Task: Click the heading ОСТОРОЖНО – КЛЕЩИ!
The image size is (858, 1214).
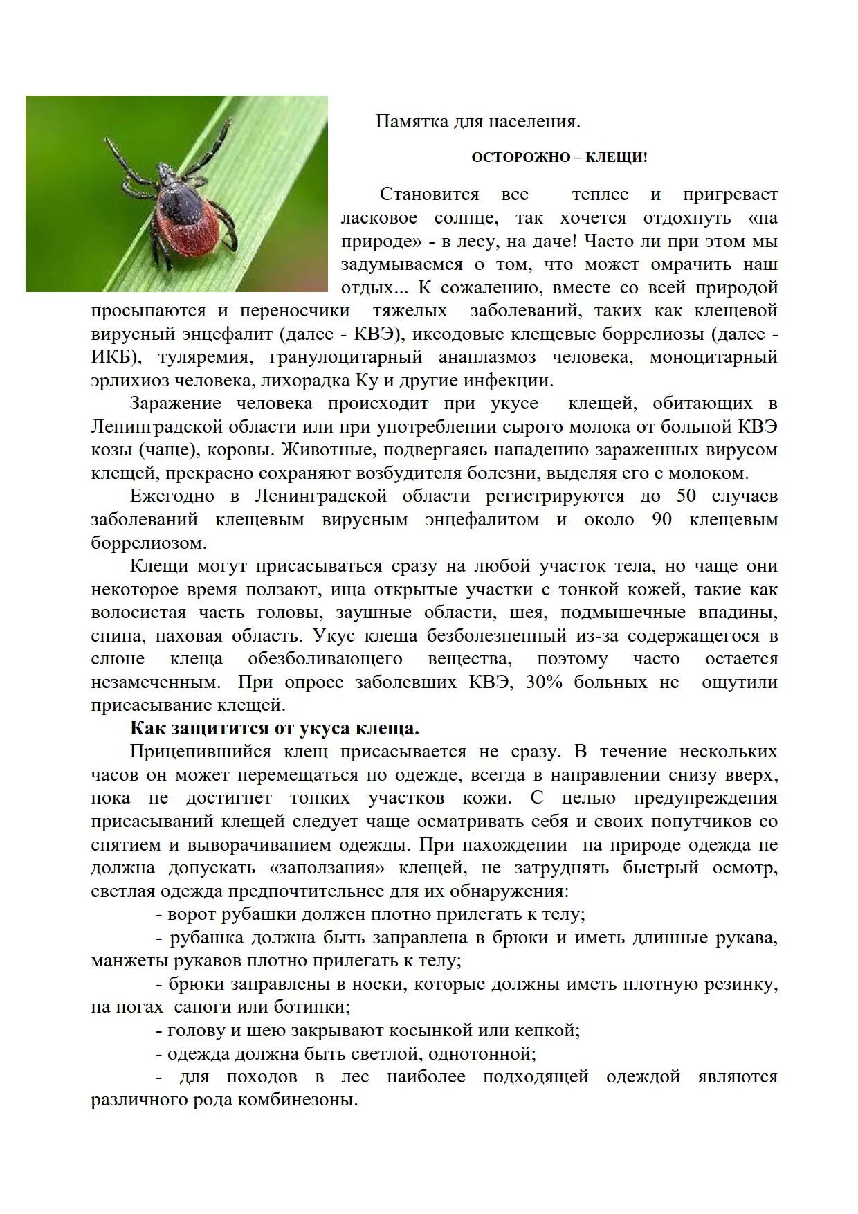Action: click(559, 158)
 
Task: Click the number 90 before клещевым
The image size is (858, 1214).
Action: click(661, 520)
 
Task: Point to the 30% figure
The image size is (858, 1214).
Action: click(544, 682)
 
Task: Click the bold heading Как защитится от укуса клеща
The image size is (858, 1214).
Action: click(275, 729)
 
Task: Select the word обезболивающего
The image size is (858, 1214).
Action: click(325, 659)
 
